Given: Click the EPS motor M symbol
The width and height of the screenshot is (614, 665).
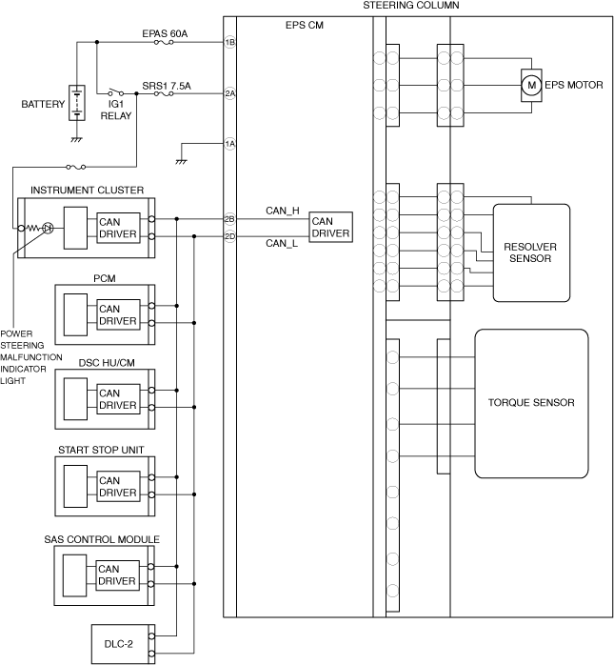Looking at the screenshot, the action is (x=531, y=85).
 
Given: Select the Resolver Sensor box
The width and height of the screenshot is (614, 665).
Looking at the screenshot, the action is (x=531, y=252).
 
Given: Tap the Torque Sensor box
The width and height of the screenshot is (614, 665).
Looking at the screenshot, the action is (x=531, y=403).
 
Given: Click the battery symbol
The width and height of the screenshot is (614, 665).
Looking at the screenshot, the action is (x=77, y=103).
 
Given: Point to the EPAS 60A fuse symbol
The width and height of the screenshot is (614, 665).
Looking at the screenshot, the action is (x=164, y=43).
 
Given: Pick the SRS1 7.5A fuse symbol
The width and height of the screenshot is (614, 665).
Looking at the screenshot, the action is (x=164, y=93).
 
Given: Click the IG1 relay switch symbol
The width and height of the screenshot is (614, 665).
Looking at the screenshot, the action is (x=116, y=92).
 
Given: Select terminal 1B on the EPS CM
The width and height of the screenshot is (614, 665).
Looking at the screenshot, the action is (x=229, y=42).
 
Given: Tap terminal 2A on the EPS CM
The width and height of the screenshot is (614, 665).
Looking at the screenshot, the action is (x=229, y=93).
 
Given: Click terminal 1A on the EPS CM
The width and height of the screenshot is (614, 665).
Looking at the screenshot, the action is (x=229, y=144).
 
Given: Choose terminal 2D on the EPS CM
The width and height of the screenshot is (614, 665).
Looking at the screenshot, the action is (x=229, y=236).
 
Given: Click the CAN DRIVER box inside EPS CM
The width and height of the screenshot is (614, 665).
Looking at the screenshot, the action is (x=330, y=228).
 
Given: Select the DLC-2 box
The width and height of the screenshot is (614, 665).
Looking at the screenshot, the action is (x=124, y=644).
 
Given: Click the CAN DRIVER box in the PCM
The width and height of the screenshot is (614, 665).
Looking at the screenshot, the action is (x=118, y=314).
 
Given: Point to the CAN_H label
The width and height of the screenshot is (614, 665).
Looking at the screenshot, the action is (x=282, y=211).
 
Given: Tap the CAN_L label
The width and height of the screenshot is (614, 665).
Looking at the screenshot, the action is (x=282, y=244).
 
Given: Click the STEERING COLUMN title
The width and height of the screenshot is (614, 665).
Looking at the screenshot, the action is (x=411, y=6).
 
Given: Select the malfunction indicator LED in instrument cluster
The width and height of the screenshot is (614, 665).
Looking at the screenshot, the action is (x=49, y=228).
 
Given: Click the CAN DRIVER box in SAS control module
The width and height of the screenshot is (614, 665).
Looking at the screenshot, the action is (x=117, y=575).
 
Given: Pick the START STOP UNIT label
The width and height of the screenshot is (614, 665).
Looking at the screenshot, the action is (x=101, y=450).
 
